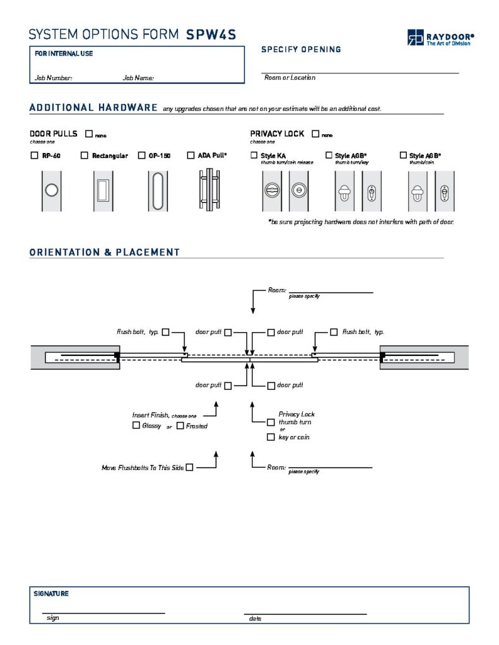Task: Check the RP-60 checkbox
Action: click(x=34, y=156)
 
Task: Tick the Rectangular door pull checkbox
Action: click(x=85, y=156)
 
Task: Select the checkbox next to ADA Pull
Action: click(x=191, y=156)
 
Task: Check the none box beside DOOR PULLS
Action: click(x=88, y=134)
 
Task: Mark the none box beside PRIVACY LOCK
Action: click(x=315, y=134)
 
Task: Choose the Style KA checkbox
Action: click(x=254, y=155)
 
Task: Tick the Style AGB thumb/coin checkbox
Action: click(x=403, y=155)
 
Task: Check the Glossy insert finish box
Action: click(x=136, y=426)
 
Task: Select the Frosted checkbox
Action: click(x=180, y=426)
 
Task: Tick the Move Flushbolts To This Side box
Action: click(x=189, y=467)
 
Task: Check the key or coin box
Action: click(x=271, y=437)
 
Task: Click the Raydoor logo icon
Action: click(x=415, y=38)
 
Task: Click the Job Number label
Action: click(x=54, y=78)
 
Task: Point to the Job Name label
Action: click(x=138, y=78)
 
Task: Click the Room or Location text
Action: click(x=290, y=77)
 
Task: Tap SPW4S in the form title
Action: click(x=211, y=35)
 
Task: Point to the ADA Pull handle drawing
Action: click(x=206, y=190)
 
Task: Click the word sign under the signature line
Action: click(x=53, y=618)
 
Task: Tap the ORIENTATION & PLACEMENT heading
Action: click(x=105, y=253)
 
